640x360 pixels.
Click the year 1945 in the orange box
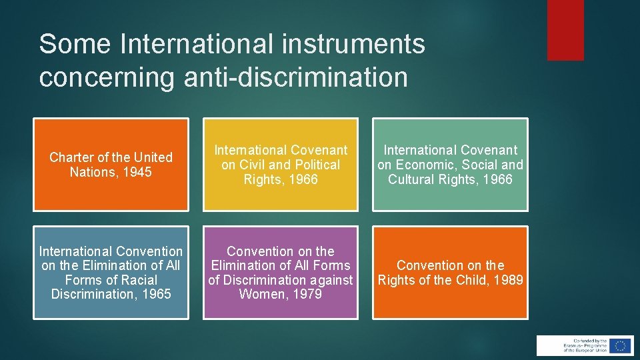pos(138,172)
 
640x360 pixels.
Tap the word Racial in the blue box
pos(137,280)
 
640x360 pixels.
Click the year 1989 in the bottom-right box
pos(509,280)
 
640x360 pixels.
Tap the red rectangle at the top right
pos(565,30)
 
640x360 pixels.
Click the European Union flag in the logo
pos(621,345)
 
